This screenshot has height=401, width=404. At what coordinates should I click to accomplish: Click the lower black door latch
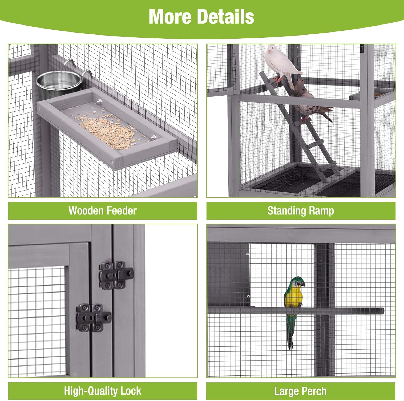click(x=93, y=318)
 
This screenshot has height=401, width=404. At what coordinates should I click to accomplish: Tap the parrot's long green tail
click(x=290, y=331)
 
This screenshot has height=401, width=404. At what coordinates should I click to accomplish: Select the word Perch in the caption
click(x=315, y=391)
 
